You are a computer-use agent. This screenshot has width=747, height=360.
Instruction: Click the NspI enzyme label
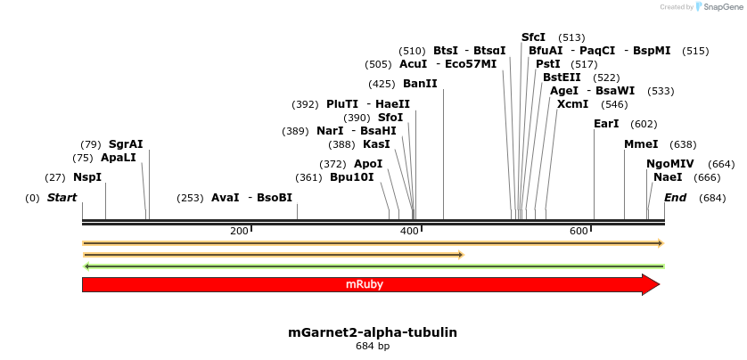[x=87, y=177]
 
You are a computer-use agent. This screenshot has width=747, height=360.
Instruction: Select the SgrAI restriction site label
[x=126, y=144]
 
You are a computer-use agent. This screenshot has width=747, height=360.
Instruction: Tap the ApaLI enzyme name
[x=119, y=158]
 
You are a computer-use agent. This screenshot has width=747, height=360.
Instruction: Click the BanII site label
[x=420, y=84]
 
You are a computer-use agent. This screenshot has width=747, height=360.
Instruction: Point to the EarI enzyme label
[x=606, y=124]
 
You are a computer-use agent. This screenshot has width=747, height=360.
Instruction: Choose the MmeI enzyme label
[x=641, y=144]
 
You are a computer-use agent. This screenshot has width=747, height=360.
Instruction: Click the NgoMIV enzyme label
[x=669, y=164]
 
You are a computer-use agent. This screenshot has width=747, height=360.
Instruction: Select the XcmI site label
[x=572, y=104]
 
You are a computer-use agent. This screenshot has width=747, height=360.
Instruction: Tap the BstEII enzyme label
[x=562, y=78]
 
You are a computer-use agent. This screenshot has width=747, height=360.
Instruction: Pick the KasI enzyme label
[x=376, y=144]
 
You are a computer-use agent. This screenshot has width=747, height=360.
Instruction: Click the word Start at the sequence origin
[x=62, y=198]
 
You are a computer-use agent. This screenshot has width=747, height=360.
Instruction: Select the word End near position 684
[x=676, y=198]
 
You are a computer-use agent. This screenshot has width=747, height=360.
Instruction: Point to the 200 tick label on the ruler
[x=239, y=232]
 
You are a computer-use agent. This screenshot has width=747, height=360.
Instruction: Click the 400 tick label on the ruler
[x=409, y=232]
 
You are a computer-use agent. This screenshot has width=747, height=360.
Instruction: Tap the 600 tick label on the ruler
[x=579, y=232]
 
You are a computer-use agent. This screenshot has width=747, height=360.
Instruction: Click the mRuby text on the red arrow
[x=365, y=284]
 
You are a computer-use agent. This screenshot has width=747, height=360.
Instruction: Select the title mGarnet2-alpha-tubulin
[x=373, y=332]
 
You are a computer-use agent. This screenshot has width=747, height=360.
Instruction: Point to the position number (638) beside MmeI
[x=683, y=144]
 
